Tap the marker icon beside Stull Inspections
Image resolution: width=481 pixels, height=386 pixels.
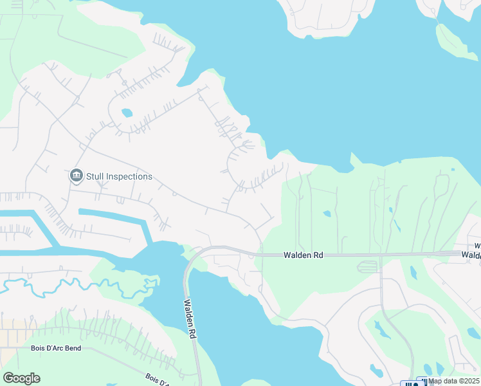76,176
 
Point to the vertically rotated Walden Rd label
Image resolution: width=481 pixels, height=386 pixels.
188,318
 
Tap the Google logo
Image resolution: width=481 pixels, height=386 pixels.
21,378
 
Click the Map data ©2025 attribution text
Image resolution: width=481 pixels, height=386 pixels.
453,381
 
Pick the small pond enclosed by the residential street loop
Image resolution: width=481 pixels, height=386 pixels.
127,113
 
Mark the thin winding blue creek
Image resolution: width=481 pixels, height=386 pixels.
64,283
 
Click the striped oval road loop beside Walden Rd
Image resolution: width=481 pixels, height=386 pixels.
368,266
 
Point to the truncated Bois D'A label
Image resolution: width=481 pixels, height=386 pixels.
157,380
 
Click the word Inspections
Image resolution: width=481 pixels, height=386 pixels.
130,176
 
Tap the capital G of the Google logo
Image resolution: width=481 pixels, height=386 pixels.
8,378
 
